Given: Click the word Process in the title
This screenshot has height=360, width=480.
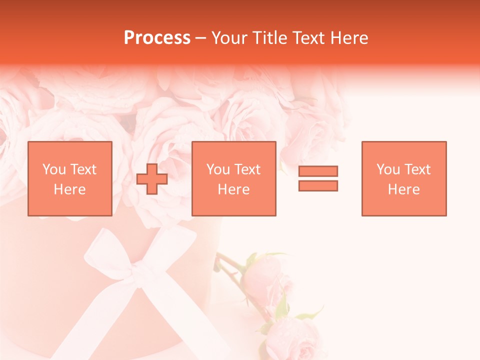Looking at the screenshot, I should tap(157, 38).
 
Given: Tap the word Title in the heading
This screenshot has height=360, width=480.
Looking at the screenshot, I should tap(270, 38).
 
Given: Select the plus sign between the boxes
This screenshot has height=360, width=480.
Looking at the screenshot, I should tap(152, 178).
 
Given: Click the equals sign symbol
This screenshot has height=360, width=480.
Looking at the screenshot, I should tap(318, 178).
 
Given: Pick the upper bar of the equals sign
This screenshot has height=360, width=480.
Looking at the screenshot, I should tap(318, 171).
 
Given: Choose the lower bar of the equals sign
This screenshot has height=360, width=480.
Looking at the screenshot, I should tap(318, 185).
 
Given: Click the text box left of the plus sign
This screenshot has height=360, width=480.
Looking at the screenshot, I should tap(70, 178).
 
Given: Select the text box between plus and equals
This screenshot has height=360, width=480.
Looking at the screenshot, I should tap(234, 178).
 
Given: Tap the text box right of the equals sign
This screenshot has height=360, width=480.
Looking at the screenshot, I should tap(404, 178).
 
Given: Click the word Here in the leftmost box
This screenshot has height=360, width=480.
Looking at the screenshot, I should tap(69, 189).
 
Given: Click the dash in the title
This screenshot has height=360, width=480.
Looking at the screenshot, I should tap(201, 38).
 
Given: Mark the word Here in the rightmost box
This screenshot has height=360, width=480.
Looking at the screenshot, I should tap(403, 189).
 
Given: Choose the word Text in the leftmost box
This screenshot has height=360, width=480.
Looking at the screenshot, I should tap(83, 169).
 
